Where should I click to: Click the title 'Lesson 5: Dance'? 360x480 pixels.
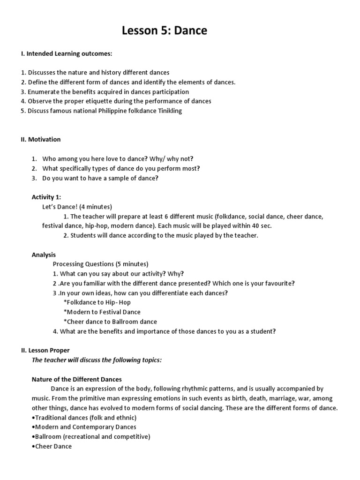click(164, 31)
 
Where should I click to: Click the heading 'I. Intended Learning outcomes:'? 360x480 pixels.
click(66, 54)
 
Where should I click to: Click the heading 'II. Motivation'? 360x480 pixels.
click(41, 139)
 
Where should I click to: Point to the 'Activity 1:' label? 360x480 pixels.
click(46, 197)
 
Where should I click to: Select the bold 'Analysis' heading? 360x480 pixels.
click(44, 255)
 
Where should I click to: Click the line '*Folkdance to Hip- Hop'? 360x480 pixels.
click(97, 302)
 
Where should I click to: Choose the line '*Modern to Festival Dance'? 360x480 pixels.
click(102, 312)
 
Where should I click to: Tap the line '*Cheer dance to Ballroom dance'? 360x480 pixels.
click(110, 322)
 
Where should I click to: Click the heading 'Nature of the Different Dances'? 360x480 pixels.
click(76, 379)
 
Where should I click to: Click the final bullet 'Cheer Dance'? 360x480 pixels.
click(52, 446)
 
